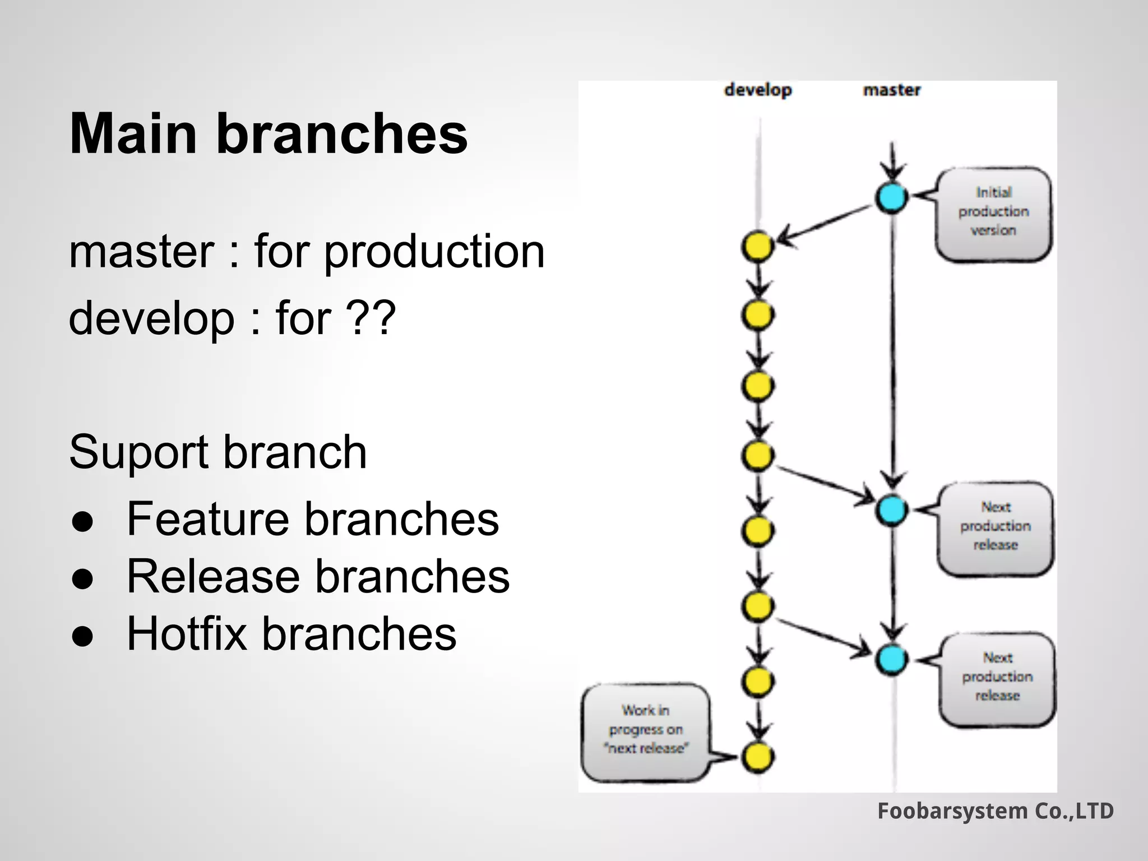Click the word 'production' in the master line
(x=434, y=252)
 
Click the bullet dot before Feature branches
(x=82, y=521)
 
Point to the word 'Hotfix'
(x=186, y=634)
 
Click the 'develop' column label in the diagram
(x=758, y=90)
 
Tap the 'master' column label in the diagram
(x=892, y=90)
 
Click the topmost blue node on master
(x=891, y=197)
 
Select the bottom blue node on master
(x=891, y=659)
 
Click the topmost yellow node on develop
(x=758, y=247)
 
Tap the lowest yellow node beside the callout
(x=758, y=757)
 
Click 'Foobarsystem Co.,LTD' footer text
(x=995, y=811)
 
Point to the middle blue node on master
(x=891, y=510)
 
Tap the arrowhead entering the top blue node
(x=892, y=171)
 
